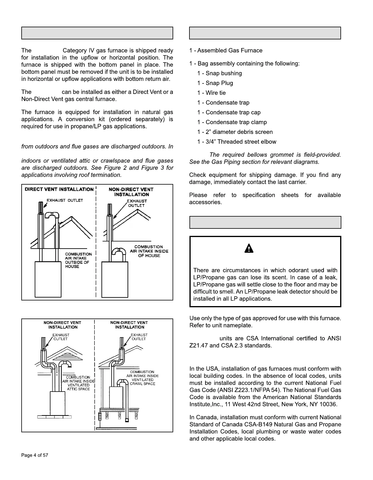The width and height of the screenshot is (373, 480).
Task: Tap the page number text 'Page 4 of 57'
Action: click(35, 455)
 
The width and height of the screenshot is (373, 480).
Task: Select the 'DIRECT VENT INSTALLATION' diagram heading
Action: click(59, 189)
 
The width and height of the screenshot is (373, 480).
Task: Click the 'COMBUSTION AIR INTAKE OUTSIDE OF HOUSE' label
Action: click(78, 260)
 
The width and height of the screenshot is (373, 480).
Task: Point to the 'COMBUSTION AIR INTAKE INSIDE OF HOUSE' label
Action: click(149, 251)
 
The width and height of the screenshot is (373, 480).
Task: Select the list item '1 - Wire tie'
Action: click(211, 93)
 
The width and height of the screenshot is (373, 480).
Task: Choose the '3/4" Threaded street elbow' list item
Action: click(237, 142)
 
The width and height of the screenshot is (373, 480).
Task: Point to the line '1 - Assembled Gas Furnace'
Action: click(226, 50)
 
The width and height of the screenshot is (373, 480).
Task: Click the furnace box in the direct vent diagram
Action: click(48, 279)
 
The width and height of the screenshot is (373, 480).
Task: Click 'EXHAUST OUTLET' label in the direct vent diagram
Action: click(65, 200)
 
